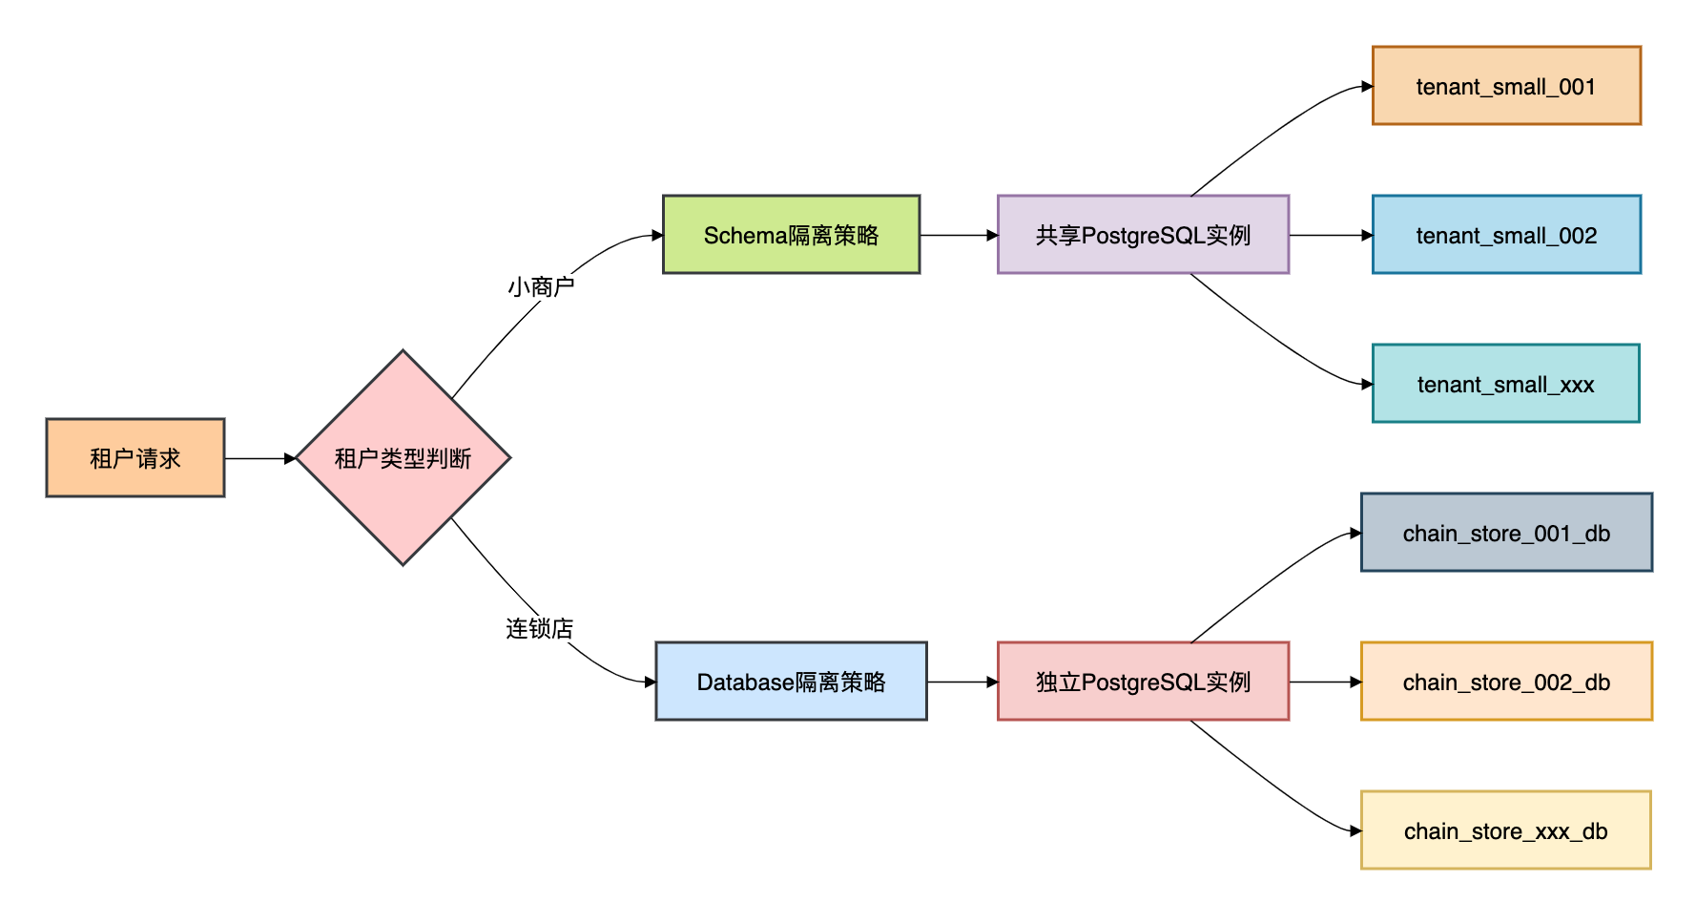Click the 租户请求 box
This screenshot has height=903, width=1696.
point(135,458)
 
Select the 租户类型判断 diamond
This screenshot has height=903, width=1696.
point(403,458)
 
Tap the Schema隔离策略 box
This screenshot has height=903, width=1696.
point(791,235)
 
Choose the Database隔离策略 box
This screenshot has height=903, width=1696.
point(791,682)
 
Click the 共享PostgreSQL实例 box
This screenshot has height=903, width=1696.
point(1143,235)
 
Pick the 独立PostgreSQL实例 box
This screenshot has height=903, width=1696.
point(1143,682)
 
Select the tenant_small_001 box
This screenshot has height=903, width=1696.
point(1506,86)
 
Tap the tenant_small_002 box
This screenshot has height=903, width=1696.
point(1506,235)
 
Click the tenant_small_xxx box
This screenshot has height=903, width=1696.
point(1505,384)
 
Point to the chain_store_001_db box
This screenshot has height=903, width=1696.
point(1506,533)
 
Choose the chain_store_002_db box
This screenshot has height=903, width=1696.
point(1506,682)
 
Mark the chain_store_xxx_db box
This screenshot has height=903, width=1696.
point(1505,830)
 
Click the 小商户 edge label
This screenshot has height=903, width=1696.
point(541,286)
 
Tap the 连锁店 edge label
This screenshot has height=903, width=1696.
point(540,628)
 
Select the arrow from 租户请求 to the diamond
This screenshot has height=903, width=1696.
point(259,458)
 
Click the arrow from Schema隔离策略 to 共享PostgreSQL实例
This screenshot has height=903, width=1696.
point(959,235)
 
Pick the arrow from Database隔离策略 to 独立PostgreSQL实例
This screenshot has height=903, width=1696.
point(962,682)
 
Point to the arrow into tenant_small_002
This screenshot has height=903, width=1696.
point(1330,235)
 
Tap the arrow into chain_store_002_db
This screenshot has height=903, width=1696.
point(1324,682)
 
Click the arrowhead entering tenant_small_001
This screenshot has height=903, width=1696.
point(1367,87)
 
